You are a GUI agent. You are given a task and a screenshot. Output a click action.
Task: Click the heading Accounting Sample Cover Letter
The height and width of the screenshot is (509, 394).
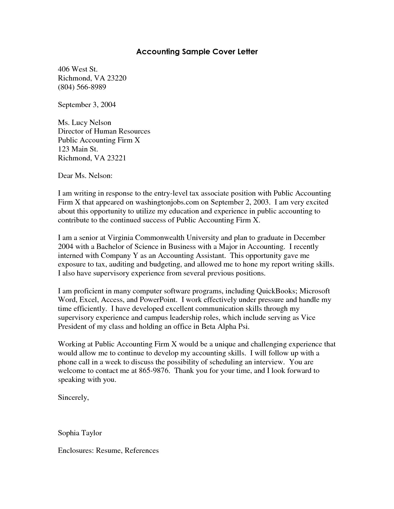coord(197,52)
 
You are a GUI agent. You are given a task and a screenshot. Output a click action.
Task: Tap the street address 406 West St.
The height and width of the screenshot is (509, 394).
coord(78,69)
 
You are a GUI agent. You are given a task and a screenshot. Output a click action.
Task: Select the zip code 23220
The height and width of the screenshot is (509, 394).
coord(117,78)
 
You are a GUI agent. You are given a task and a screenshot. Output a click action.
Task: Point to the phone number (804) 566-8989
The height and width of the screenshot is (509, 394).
coord(82,87)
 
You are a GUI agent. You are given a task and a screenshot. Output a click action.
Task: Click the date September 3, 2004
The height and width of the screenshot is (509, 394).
coord(87,105)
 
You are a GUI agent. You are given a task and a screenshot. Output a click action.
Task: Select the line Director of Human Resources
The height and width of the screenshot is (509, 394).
coord(104,131)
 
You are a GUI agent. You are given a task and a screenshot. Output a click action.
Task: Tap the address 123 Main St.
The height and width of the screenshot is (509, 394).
coord(78,149)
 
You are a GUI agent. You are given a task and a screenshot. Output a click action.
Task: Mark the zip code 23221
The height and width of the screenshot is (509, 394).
coord(117,158)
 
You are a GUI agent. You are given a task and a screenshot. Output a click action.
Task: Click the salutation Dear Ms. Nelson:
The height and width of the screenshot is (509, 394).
coord(85,176)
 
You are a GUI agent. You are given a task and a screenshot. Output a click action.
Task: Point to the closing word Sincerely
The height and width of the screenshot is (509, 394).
coord(73,398)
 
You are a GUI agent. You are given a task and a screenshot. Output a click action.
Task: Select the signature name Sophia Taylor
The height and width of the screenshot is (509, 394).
coord(80,433)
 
